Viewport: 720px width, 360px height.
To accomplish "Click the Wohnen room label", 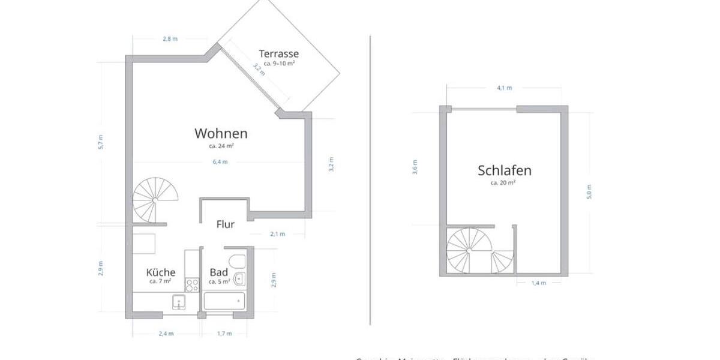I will click(221, 133).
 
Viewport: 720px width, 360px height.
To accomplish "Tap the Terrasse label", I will click(278, 53).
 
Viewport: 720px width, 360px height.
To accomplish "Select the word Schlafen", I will click(504, 170).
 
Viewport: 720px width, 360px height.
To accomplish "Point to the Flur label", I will click(225, 224).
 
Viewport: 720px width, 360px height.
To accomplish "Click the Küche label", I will click(161, 272).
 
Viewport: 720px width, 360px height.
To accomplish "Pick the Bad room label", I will click(218, 272).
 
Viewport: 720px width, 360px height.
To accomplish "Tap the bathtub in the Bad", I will click(224, 301).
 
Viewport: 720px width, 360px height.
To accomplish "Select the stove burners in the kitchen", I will click(192, 285).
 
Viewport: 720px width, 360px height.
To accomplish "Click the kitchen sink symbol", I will click(179, 301).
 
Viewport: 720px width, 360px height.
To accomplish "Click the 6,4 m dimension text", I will click(220, 161).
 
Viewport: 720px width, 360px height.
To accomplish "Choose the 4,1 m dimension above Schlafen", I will click(505, 88).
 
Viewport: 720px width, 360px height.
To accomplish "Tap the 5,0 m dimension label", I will click(589, 191).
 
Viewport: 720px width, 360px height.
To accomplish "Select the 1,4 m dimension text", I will click(539, 283).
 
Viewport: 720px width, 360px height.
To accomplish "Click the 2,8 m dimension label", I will click(170, 39).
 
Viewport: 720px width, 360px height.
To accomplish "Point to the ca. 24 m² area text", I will click(221, 146).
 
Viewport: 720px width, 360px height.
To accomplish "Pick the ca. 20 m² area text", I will click(504, 182).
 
